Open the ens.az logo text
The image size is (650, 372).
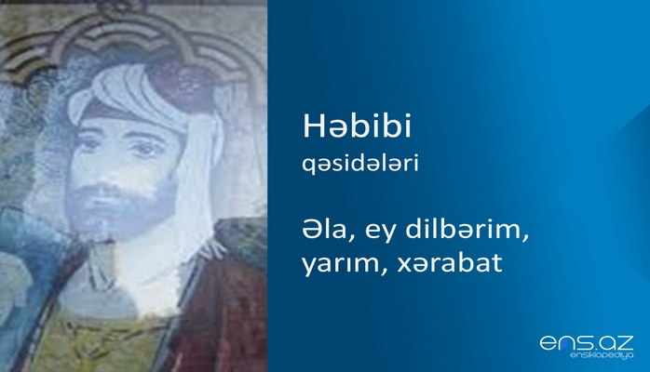[586, 343]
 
